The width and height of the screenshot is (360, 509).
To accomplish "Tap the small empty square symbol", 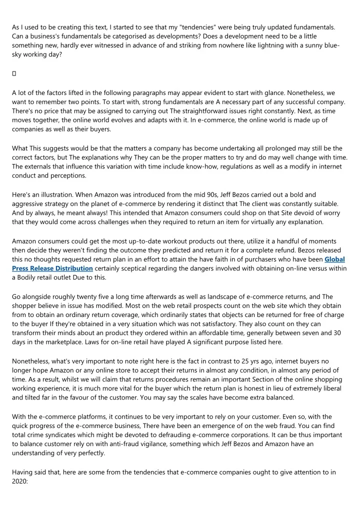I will (14, 74).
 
